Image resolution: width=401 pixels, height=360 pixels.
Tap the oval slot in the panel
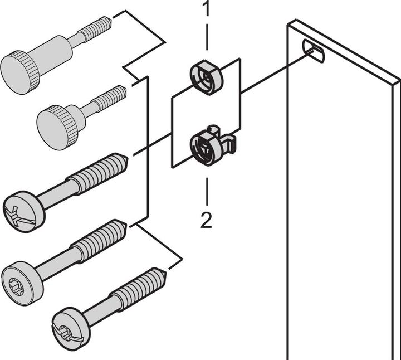point(314,51)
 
